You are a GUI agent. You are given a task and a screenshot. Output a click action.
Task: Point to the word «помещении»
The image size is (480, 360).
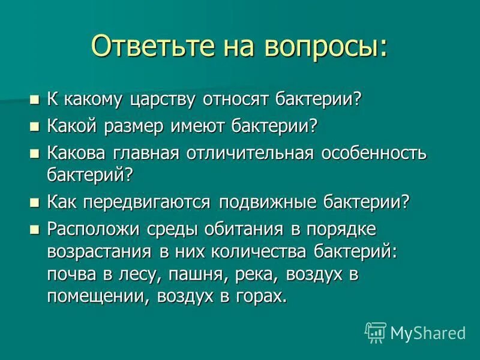[95, 297]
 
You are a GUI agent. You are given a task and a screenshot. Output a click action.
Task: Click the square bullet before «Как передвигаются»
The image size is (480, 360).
[34, 202]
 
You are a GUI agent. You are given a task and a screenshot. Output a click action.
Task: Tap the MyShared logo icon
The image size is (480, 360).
[376, 331]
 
